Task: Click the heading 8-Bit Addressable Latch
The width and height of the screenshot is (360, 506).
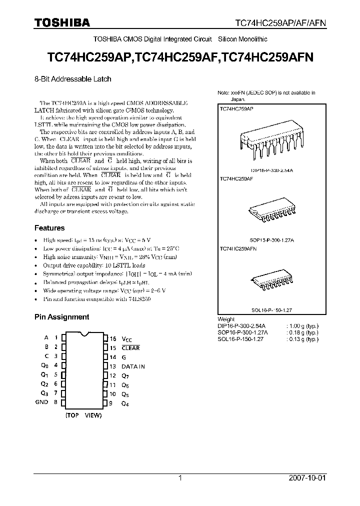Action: click(x=72, y=79)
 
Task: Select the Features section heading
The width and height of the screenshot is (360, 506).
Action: click(x=49, y=228)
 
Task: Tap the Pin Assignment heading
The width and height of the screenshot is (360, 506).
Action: click(x=61, y=317)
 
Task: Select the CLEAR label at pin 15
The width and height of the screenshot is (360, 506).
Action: click(x=130, y=347)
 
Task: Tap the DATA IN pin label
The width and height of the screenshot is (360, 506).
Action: click(x=133, y=366)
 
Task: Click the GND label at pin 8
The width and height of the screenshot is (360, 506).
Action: click(x=42, y=402)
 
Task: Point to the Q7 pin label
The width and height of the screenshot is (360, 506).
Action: click(x=125, y=375)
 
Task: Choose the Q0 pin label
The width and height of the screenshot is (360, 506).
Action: click(x=44, y=365)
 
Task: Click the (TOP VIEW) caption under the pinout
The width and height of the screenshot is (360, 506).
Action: click(x=83, y=415)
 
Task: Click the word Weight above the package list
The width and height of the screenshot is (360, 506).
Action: click(x=226, y=319)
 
